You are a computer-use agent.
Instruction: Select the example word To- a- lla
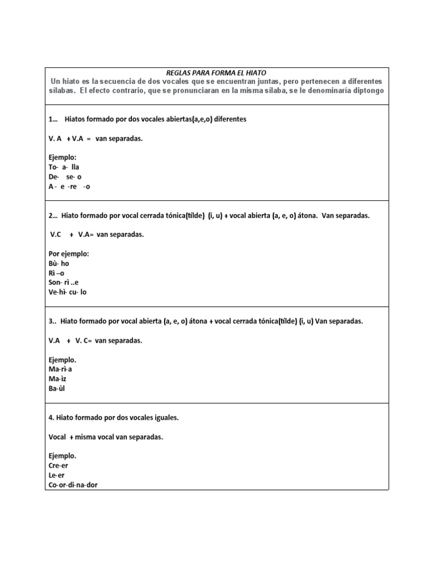[x=64, y=167]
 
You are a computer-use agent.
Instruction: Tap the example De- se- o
[x=65, y=177]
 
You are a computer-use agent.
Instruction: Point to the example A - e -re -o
[x=69, y=186]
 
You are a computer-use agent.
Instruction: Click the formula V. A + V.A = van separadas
[x=96, y=138]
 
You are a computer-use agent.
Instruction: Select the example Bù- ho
[x=59, y=263]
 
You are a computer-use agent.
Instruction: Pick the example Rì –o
[x=57, y=273]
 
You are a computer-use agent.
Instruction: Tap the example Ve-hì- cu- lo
[x=67, y=292]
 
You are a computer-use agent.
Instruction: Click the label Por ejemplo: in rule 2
[x=68, y=254]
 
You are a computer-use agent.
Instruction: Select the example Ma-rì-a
[x=60, y=369]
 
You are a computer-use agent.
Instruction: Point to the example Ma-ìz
[x=58, y=379]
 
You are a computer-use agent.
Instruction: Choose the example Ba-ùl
[x=57, y=388]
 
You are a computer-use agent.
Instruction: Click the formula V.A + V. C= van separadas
[x=96, y=340]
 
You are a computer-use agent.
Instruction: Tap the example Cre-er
[x=59, y=466]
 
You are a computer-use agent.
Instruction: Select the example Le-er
[x=56, y=475]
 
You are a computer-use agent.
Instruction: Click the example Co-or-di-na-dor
[x=73, y=485]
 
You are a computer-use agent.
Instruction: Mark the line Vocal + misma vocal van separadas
[x=105, y=436]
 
